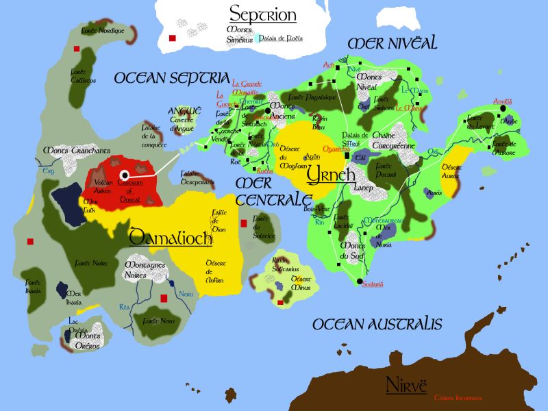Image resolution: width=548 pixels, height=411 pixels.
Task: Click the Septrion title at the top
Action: [x=263, y=14]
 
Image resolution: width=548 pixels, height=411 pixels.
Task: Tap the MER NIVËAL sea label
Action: [x=393, y=43]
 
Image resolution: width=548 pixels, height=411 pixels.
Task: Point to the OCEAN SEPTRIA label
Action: [x=171, y=78]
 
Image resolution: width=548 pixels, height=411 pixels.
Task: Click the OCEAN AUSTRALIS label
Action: [x=377, y=324]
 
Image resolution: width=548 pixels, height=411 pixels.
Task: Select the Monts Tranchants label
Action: [x=76, y=150]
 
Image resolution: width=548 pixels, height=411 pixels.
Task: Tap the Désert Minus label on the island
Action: [x=302, y=283]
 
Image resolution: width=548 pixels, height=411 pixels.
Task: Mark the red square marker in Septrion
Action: [x=173, y=38]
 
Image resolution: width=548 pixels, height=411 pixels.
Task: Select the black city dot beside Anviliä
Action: [x=503, y=108]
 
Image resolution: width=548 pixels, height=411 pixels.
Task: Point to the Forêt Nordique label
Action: [x=102, y=31]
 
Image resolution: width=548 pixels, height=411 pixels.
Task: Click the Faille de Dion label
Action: [x=219, y=221]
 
